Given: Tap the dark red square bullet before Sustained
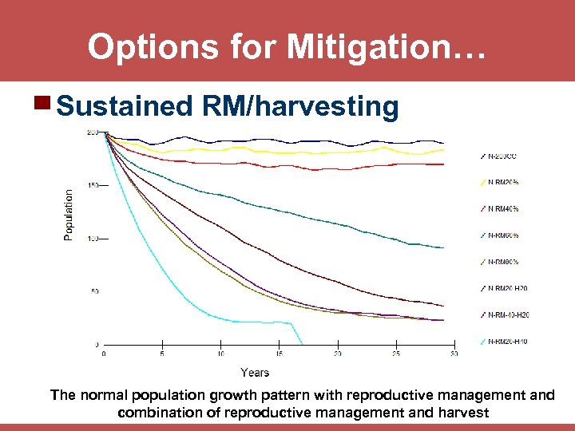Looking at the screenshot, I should (x=43, y=105).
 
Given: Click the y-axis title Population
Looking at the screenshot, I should (x=69, y=214).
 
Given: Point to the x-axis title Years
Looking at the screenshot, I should (x=255, y=372).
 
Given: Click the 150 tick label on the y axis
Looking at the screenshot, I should (x=93, y=186).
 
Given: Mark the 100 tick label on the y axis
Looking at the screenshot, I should (x=93, y=239).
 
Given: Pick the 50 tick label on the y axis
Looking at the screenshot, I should (x=94, y=292).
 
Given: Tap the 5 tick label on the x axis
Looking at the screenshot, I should (x=162, y=354).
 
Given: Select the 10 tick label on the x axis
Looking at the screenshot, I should (x=220, y=354).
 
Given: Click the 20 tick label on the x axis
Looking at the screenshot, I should (x=338, y=354).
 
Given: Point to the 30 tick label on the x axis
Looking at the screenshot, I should (x=454, y=354).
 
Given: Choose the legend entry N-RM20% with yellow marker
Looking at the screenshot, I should (x=503, y=182).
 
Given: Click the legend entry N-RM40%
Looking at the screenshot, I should (x=503, y=208).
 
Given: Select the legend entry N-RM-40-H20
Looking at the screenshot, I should (x=507, y=314).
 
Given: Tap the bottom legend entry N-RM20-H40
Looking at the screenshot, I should (x=507, y=341).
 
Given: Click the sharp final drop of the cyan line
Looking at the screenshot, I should (x=298, y=334).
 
